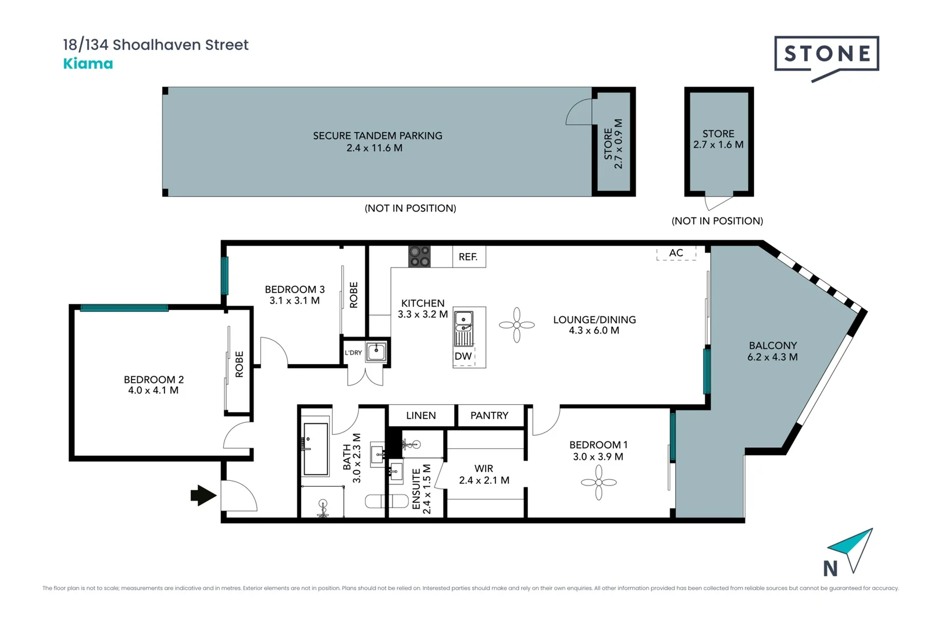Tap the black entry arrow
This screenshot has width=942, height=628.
tap(204, 495)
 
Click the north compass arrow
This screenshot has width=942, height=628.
tap(850, 549)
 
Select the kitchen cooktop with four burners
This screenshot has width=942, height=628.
tap(419, 256)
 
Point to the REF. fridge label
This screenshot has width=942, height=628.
tap(468, 256)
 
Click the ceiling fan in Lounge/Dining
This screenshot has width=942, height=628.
tap(517, 324)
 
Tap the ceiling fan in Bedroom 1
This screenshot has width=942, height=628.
tap(599, 483)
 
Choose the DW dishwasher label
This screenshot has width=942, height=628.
tap(463, 356)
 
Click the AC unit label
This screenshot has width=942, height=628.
tap(676, 253)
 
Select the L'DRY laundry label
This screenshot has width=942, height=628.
tap(354, 352)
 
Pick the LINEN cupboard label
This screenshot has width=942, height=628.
tap(421, 416)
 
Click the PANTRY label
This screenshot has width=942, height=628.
tap(490, 416)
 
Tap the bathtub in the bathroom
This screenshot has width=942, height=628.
tap(315, 449)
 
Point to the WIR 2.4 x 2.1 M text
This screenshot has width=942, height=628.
tap(484, 474)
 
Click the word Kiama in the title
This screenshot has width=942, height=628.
tap(88, 63)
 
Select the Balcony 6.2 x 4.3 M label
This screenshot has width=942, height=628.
tap(773, 351)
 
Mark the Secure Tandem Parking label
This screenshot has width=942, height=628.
tap(377, 141)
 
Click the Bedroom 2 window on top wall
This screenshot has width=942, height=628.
tap(124, 308)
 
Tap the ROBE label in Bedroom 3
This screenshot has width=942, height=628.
tap(354, 295)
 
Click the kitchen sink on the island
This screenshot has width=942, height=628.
tap(464, 320)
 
